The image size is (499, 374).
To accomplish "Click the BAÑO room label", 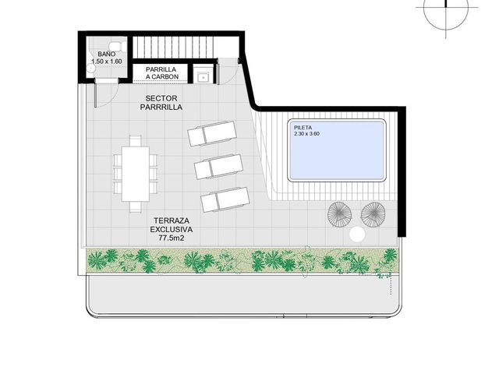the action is tap(106, 54).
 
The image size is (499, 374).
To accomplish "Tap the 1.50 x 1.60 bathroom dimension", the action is tap(106, 62).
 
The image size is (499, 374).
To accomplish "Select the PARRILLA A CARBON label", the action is tap(162, 73).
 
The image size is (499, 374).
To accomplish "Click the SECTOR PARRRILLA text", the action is tap(161, 103).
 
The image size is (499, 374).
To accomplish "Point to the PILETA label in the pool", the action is tap(303, 128).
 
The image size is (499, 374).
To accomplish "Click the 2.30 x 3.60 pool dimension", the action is tap(306, 134).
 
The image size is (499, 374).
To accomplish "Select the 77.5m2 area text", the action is tap(172, 238).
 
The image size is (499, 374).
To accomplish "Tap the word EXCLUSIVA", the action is tap(172, 229).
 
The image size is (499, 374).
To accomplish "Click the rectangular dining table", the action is tap(136, 174).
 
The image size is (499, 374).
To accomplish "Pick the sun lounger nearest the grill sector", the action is tap(212, 133).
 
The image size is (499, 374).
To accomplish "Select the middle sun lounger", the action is tap(219, 167).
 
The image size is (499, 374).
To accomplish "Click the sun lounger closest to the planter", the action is tap(225, 199).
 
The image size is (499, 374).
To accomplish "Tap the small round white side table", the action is tap(357, 235).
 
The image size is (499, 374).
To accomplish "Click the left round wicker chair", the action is tap(339, 214).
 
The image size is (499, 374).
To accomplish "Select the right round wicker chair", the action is tap(373, 214).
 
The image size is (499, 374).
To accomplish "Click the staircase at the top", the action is tap(186, 48).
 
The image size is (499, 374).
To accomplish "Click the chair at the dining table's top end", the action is tap(136, 141).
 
